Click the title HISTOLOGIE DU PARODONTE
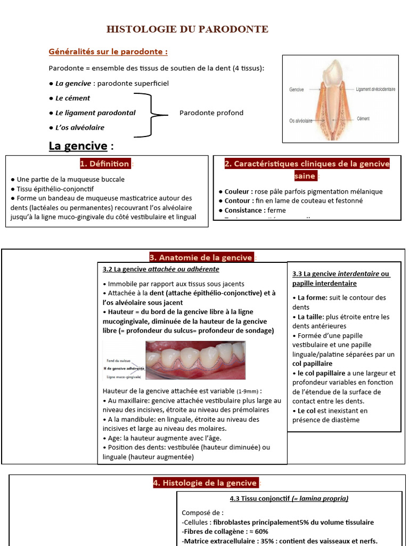point(187,29)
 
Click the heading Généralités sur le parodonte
point(108,52)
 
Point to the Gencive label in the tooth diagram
point(297,90)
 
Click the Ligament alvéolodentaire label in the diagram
point(375,90)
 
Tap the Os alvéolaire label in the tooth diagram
point(301,121)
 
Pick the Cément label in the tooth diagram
point(363,118)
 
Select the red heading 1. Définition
point(105,164)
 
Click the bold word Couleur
point(237,191)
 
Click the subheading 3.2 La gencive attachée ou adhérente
point(161,269)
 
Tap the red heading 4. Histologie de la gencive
point(205,483)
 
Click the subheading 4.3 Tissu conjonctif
point(289,499)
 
